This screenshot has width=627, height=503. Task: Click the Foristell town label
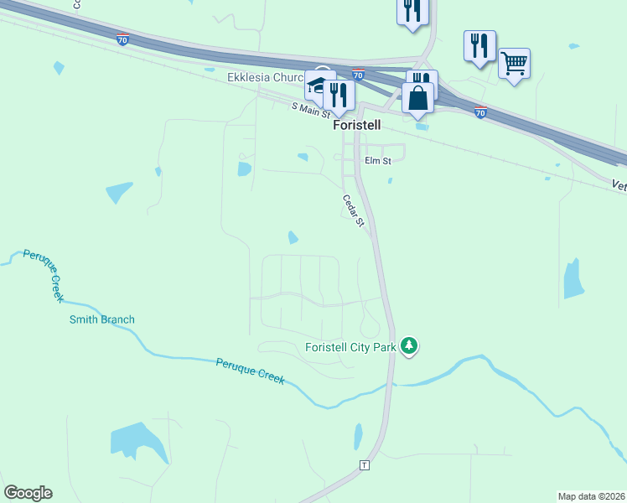click(357, 125)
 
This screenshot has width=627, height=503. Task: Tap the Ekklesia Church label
click(264, 78)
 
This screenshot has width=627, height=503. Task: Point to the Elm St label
click(377, 160)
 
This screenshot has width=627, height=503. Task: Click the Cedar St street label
click(353, 211)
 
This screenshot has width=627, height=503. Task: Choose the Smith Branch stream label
click(102, 319)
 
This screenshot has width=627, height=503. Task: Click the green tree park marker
click(409, 345)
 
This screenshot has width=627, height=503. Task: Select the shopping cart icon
click(514, 63)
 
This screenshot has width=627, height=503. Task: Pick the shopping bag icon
click(417, 97)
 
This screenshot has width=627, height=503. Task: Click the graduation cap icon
click(319, 85)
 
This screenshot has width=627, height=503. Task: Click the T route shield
click(364, 464)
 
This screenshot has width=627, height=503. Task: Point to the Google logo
click(28, 493)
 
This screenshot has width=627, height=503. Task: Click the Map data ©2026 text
click(592, 495)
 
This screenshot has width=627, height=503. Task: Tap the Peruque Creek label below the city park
click(251, 371)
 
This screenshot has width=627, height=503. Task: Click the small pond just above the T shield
click(359, 435)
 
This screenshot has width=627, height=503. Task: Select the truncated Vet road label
click(619, 186)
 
